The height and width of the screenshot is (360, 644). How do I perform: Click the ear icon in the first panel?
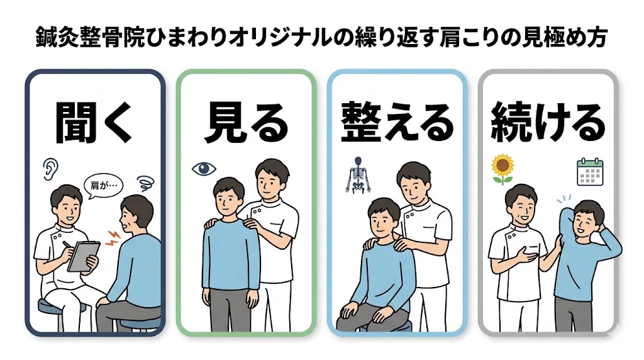[50, 167]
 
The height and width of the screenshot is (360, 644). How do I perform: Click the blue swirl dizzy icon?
[145, 184]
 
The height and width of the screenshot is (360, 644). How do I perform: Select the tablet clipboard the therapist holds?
[83, 255]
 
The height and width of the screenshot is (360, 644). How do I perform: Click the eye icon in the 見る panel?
[204, 168]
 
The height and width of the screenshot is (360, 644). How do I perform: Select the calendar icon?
[590, 170]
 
